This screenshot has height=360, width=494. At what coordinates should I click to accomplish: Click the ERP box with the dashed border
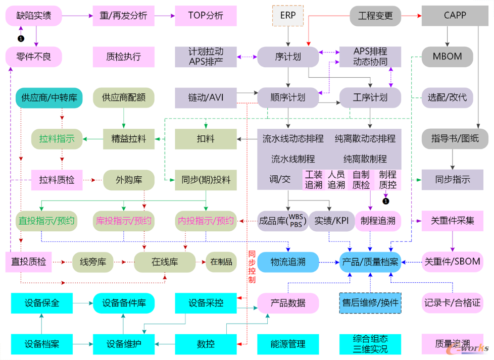(288, 16)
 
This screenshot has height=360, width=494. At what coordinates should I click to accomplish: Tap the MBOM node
(447, 56)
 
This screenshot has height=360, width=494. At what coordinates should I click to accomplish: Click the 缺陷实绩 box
(34, 16)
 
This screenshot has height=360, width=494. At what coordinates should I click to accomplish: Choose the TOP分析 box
(206, 16)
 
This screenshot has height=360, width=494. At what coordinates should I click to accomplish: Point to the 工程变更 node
(375, 16)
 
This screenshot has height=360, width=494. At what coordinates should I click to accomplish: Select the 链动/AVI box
(206, 97)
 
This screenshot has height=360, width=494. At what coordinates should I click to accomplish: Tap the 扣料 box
(206, 138)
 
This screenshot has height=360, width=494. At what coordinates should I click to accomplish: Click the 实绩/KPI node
(331, 221)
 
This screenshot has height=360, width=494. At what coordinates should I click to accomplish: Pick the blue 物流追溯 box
(288, 262)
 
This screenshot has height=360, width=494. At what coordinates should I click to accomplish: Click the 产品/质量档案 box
(370, 262)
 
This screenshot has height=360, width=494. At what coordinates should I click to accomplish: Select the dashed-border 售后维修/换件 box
(370, 303)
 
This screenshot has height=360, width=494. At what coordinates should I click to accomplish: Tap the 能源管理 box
(288, 344)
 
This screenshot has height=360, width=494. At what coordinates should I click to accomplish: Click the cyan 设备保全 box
(41, 303)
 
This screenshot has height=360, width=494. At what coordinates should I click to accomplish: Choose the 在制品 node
(221, 262)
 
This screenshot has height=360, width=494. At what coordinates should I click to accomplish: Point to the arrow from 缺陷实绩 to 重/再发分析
(77, 16)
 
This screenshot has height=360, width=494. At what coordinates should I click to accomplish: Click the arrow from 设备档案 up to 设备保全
(41, 324)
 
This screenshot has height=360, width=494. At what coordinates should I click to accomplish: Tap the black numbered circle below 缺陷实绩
(21, 38)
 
